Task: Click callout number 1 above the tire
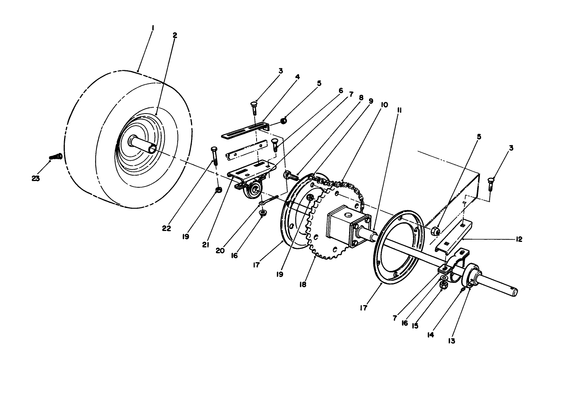coord(153,28)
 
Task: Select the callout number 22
coord(167,229)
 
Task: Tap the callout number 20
coord(220,250)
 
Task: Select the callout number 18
coord(303,284)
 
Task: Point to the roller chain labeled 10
coord(344,184)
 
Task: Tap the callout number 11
coord(399,110)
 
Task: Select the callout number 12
coord(518,239)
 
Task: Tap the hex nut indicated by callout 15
coord(444,286)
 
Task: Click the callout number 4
coord(298,77)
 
